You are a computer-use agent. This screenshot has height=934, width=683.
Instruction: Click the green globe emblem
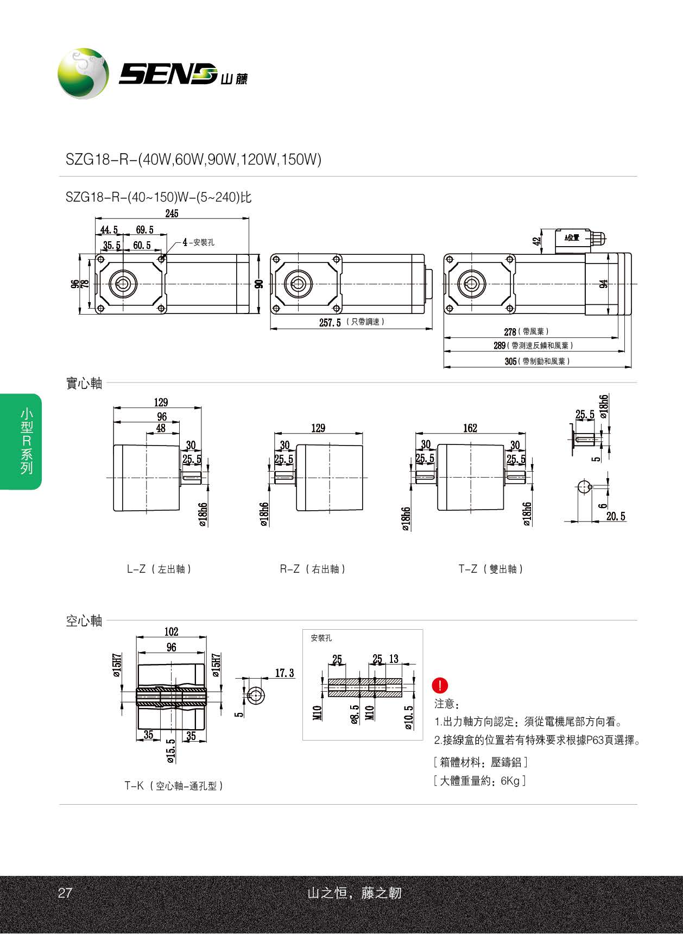(83, 73)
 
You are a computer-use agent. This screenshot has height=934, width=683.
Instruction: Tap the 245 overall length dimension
(172, 214)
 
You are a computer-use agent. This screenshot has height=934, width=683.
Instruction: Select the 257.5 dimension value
(330, 323)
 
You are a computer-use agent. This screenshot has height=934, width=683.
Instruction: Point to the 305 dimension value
(510, 361)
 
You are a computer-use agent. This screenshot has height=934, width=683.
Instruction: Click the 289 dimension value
(499, 346)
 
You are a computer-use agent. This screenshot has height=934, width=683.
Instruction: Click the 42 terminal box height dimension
(537, 241)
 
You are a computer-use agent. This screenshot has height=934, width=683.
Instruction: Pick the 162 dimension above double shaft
(470, 428)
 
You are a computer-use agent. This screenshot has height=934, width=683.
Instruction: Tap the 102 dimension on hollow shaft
(171, 631)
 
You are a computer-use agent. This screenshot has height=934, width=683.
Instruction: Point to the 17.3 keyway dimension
(284, 673)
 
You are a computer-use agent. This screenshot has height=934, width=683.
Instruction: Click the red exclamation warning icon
(440, 685)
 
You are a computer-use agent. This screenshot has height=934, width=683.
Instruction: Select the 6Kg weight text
(510, 781)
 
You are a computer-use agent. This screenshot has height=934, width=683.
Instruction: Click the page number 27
(65, 893)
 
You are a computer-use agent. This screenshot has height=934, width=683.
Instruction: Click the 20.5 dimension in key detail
(616, 516)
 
